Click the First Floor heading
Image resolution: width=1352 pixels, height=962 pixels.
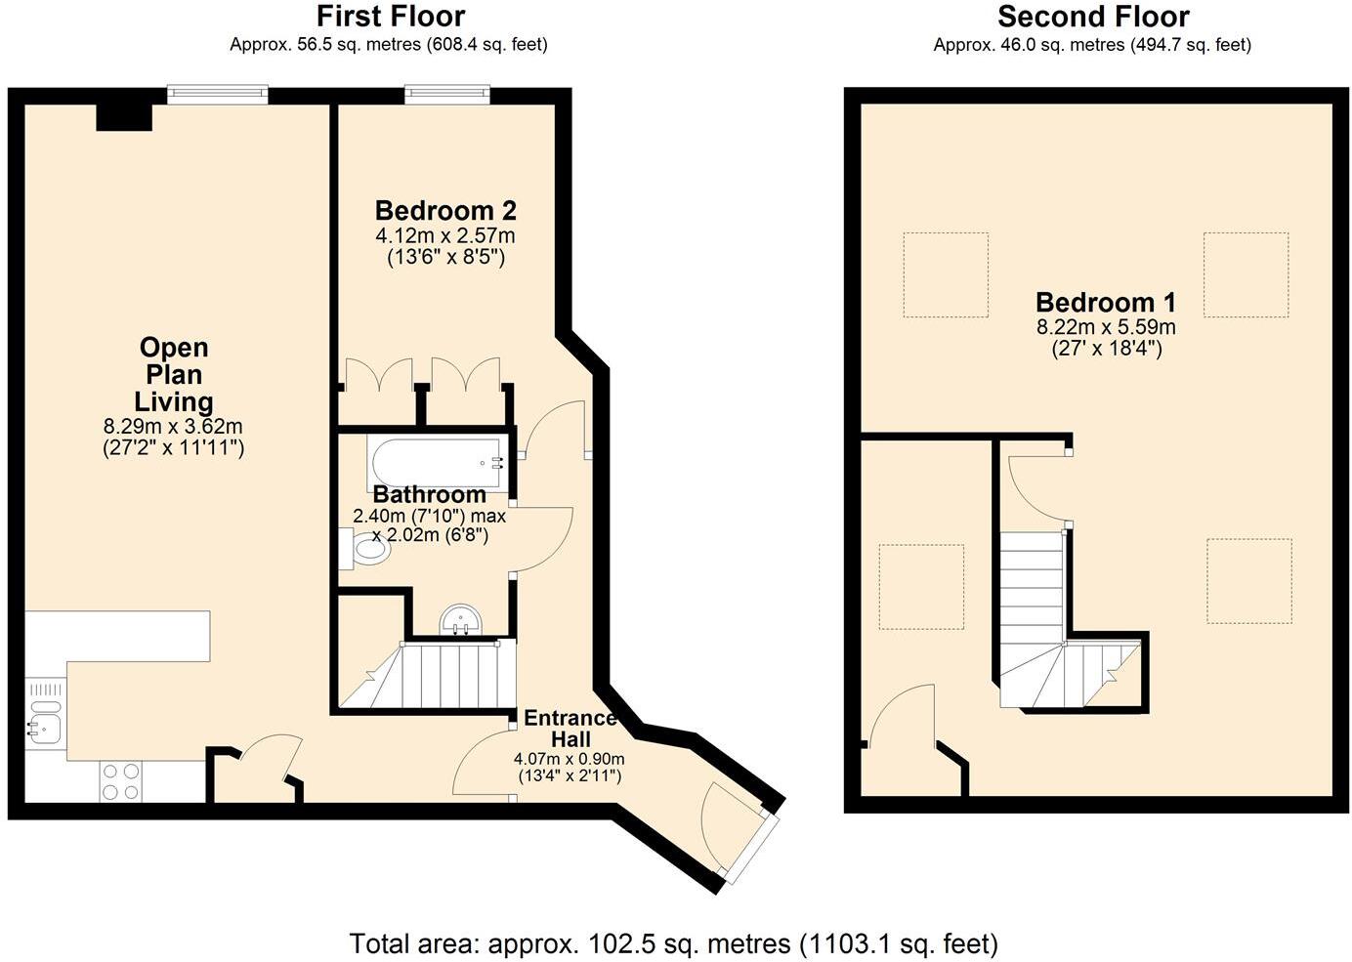tap(390, 17)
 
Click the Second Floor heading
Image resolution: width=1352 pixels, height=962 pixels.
tap(1092, 17)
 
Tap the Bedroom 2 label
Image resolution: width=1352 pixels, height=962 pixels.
tap(445, 211)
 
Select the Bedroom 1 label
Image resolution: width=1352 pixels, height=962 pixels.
tap(1105, 303)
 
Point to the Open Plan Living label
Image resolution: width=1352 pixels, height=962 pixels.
tap(173, 375)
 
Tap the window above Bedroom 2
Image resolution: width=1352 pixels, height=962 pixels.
tap(446, 95)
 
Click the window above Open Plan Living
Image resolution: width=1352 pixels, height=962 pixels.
tap(217, 95)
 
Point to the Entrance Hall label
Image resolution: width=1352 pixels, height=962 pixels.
tap(570, 729)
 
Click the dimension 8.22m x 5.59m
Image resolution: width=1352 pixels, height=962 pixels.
tap(1105, 327)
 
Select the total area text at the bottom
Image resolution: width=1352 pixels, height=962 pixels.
tap(674, 943)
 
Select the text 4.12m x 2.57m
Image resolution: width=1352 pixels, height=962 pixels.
tap(445, 235)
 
